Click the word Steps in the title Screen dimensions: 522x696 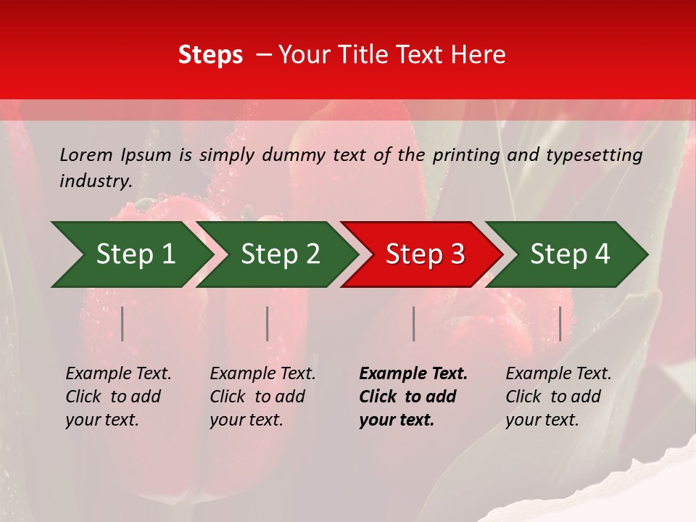point(210,55)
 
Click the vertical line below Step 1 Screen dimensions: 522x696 point(123,323)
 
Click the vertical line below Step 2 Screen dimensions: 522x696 point(268,323)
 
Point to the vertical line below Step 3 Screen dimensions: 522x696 point(413,323)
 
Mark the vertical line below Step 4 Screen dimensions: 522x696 point(560,323)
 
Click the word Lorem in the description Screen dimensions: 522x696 point(86,155)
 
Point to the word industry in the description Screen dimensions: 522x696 point(96,181)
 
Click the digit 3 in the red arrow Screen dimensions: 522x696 point(457,254)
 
